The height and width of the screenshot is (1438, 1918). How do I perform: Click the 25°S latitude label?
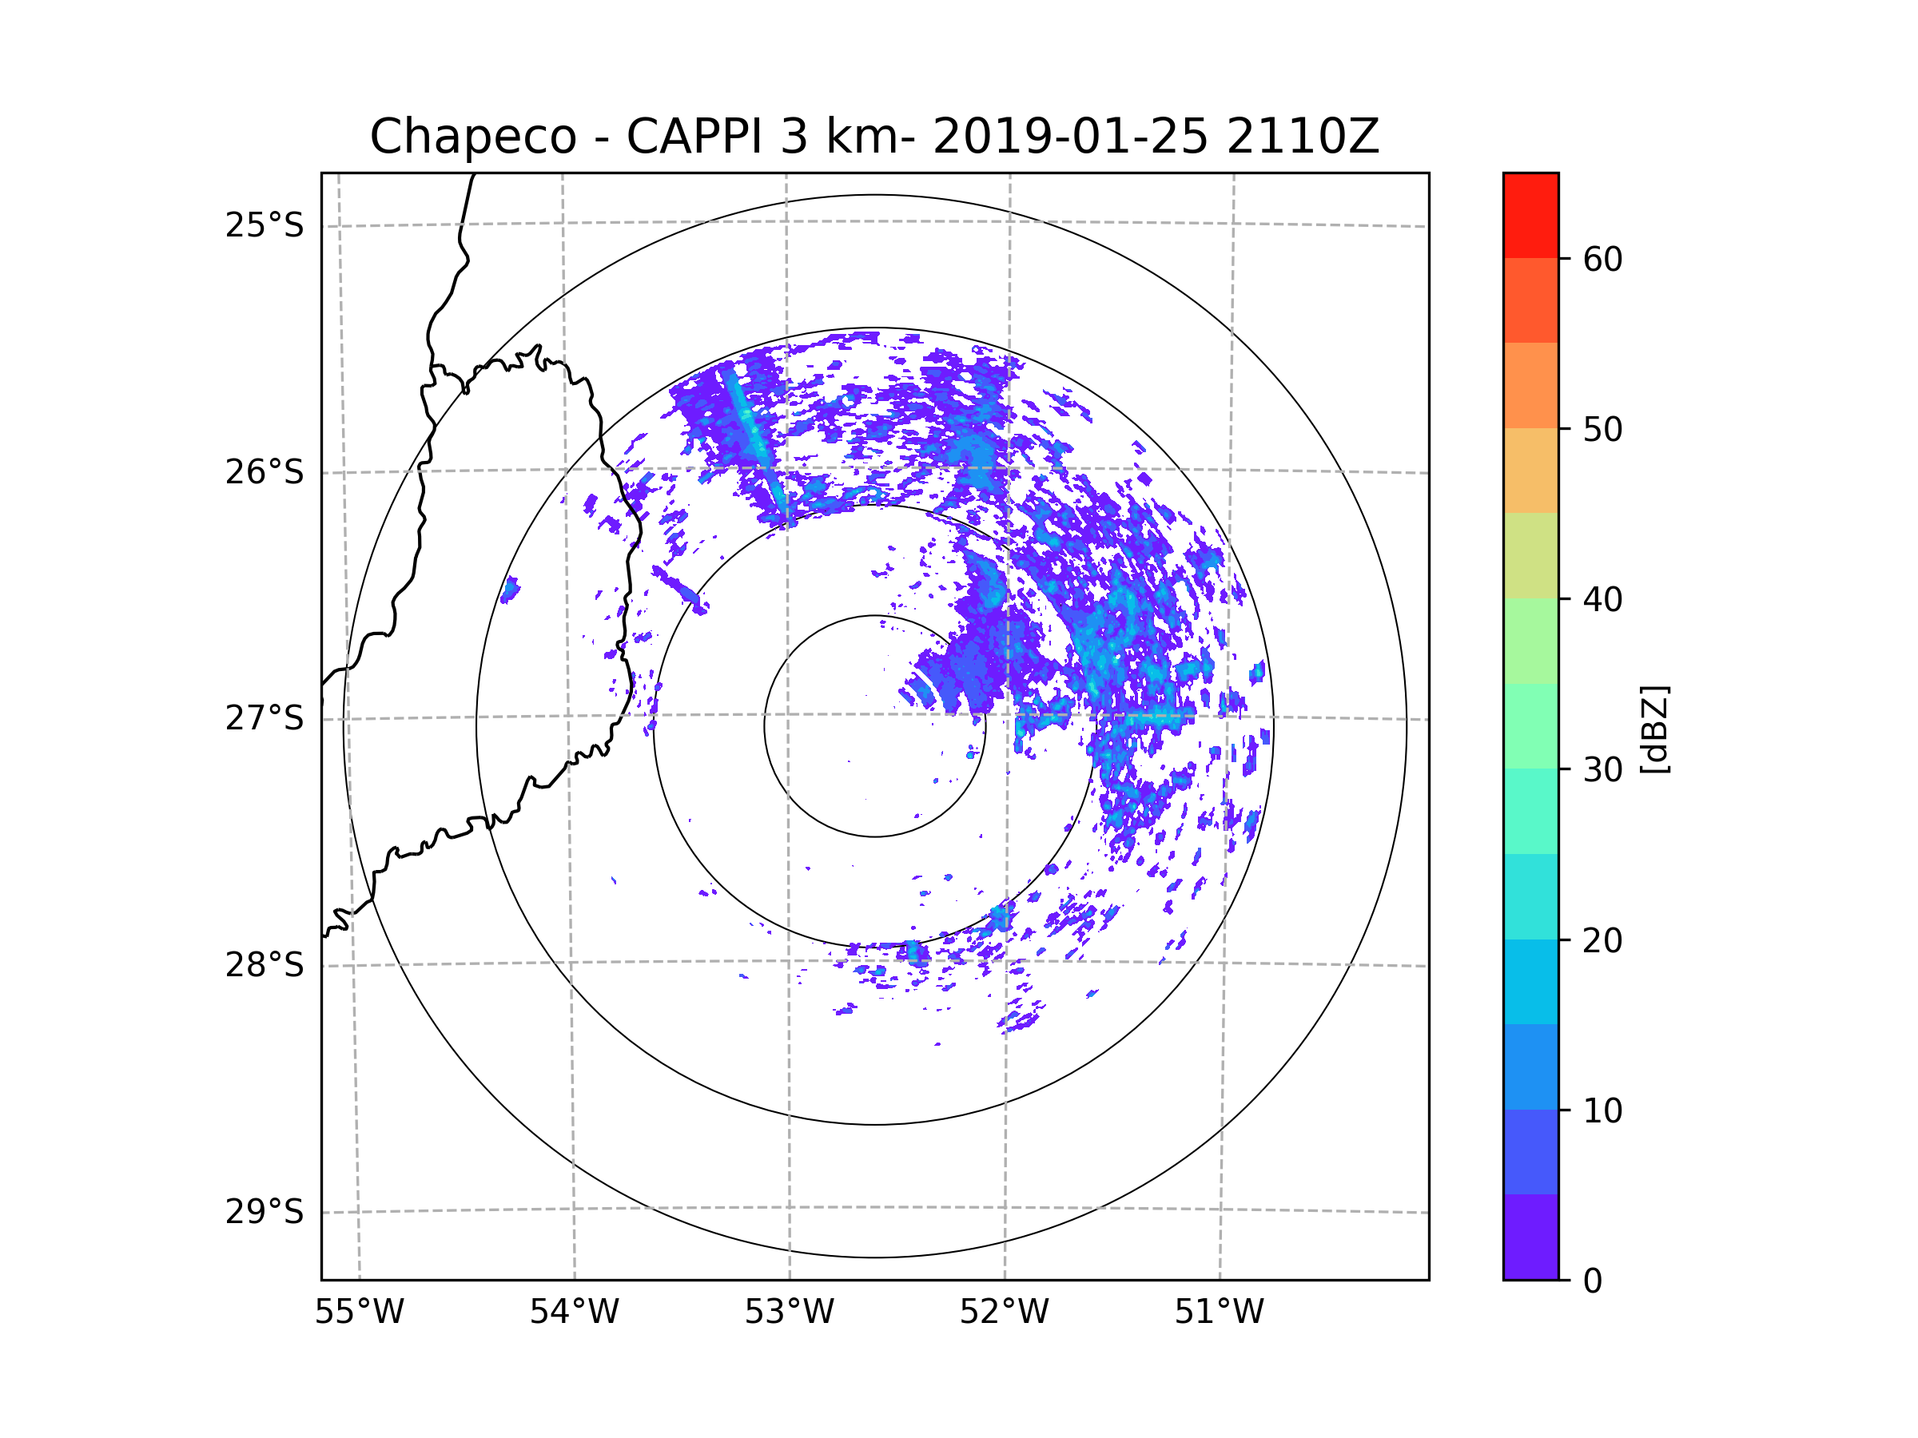(x=265, y=225)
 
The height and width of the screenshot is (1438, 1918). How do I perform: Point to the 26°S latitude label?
(x=265, y=472)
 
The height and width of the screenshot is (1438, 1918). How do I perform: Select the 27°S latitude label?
(x=265, y=718)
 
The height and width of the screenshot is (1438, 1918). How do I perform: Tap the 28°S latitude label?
(x=265, y=965)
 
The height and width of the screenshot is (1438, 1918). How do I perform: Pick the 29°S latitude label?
(x=265, y=1212)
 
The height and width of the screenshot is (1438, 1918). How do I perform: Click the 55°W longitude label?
(x=359, y=1313)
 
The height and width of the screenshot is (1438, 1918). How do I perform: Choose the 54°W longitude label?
(x=574, y=1313)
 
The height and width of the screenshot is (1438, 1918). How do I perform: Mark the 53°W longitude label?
(x=789, y=1313)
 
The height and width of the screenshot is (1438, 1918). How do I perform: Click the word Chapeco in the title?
(x=472, y=137)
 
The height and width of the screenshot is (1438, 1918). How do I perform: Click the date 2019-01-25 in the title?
(x=1070, y=137)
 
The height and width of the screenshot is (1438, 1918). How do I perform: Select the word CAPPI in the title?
(x=694, y=137)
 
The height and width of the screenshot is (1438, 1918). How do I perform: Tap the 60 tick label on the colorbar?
(x=1602, y=259)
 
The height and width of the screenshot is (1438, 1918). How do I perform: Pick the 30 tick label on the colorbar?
(x=1602, y=769)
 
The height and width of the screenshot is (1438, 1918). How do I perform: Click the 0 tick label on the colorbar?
(x=1593, y=1281)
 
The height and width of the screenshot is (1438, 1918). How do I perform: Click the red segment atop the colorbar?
(x=1530, y=215)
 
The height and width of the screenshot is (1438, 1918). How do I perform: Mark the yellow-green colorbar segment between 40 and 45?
(x=1530, y=555)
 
